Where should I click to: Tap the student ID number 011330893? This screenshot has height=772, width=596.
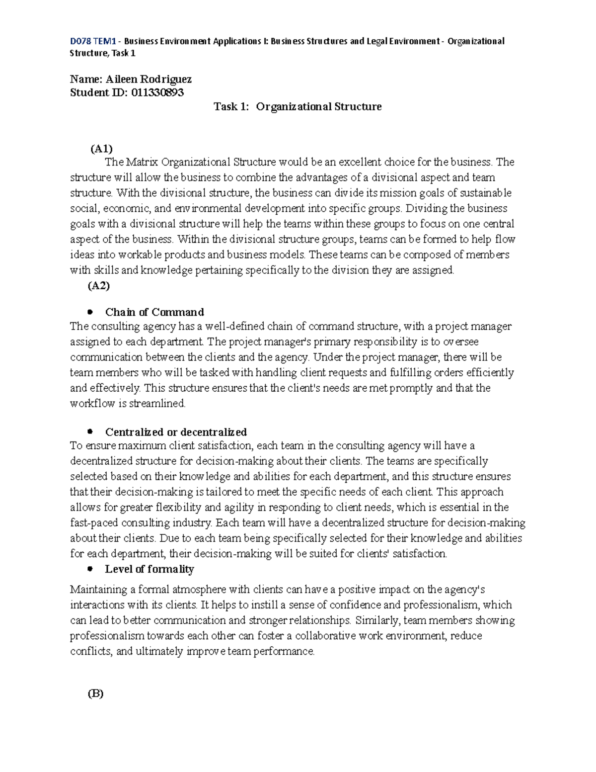pos(157,92)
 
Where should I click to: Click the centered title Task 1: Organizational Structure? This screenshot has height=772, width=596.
pos(298,106)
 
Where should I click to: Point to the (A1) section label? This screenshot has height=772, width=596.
pos(101,149)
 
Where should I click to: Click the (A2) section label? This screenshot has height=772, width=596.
pos(98,285)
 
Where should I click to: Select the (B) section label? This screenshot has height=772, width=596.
pos(95,694)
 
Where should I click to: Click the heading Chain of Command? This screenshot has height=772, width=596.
pos(154,312)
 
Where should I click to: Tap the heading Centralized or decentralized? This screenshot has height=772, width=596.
pos(176,432)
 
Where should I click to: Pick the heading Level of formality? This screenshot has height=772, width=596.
pos(149,569)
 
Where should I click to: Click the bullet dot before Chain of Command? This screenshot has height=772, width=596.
pos(90,312)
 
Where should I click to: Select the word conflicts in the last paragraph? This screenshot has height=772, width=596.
pos(91,651)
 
